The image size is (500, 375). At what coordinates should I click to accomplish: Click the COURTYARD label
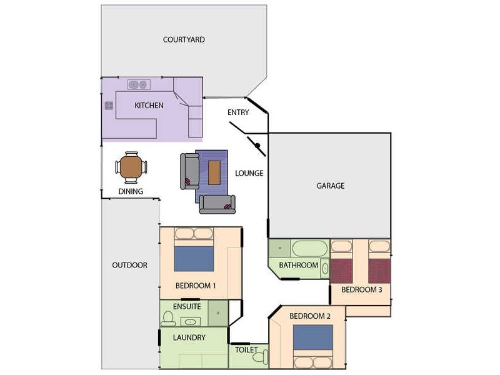point(184,39)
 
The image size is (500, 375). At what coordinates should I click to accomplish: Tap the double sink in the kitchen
point(138,84)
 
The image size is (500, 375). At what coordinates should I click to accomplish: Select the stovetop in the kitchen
point(109,106)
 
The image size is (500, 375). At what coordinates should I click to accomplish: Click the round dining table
point(131,167)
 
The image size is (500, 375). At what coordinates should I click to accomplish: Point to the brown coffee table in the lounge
point(214,172)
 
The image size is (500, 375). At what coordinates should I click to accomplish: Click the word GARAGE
point(330,186)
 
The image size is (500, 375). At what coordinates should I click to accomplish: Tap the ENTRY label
point(239,112)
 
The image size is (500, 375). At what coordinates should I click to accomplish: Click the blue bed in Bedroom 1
point(194,258)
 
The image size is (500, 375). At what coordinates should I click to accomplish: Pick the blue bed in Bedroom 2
point(313,338)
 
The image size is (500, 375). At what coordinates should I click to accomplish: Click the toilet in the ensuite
point(167,319)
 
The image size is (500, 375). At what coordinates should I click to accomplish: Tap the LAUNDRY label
point(189,338)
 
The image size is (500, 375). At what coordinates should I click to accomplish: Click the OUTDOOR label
point(130,265)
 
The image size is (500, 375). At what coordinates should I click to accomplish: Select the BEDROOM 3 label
point(361,290)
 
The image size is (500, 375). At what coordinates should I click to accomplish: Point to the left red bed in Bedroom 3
point(342,271)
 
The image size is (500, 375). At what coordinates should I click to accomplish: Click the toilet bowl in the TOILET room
point(264,357)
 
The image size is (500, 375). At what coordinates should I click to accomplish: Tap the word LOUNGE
point(249,173)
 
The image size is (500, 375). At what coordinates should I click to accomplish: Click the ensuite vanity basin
point(190,321)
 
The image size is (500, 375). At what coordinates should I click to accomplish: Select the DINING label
point(131,192)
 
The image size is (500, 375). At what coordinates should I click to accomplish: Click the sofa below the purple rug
point(217,204)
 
